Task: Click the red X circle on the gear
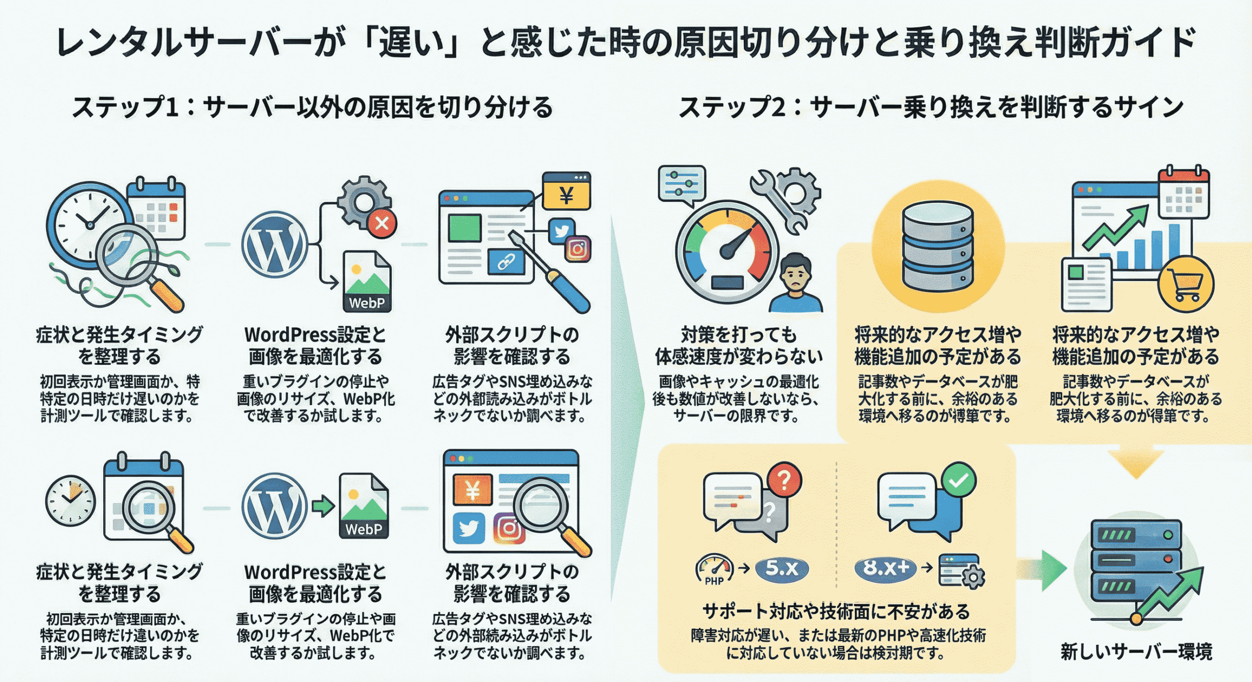click(x=382, y=223)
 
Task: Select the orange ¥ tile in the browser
click(x=472, y=489)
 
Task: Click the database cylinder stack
click(x=938, y=247)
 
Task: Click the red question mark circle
click(x=784, y=481)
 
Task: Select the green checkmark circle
click(x=959, y=480)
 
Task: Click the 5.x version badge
click(x=782, y=568)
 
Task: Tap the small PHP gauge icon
click(x=714, y=570)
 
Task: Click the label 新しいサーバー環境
click(x=1136, y=652)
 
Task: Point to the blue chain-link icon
click(x=506, y=263)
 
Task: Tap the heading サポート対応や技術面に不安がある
click(x=836, y=612)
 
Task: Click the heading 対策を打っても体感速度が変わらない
click(x=738, y=346)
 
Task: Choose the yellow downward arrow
click(x=1136, y=463)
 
